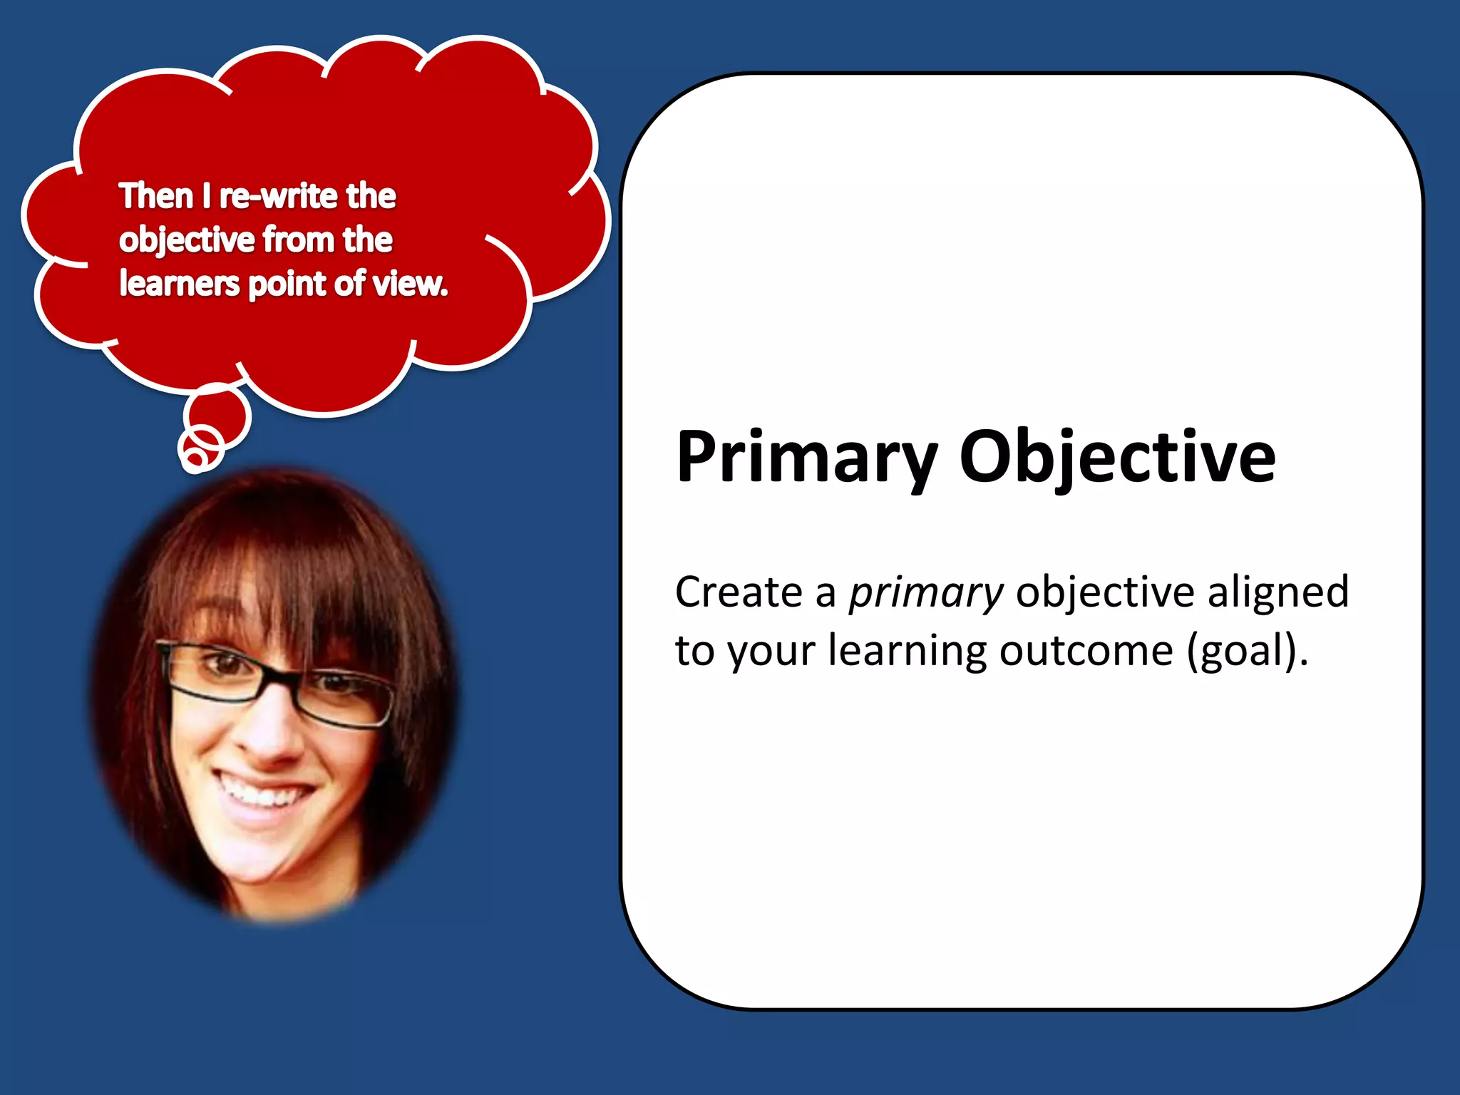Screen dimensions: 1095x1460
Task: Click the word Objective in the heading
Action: (1117, 458)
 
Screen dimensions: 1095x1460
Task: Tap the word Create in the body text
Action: (739, 592)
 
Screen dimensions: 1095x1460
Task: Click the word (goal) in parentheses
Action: (1247, 652)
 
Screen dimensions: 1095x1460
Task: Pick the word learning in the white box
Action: (907, 652)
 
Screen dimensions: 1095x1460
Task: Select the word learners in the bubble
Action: (179, 284)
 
